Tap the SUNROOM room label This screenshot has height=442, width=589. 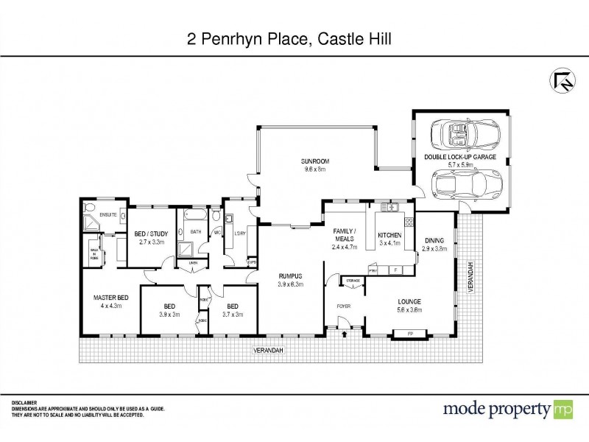313,161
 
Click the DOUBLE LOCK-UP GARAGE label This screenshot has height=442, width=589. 459,158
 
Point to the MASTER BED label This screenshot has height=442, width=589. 110,298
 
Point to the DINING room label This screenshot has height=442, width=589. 434,239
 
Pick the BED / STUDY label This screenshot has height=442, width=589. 152,234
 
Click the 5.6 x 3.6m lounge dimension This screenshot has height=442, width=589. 409,309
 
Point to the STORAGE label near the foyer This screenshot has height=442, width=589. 353,280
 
